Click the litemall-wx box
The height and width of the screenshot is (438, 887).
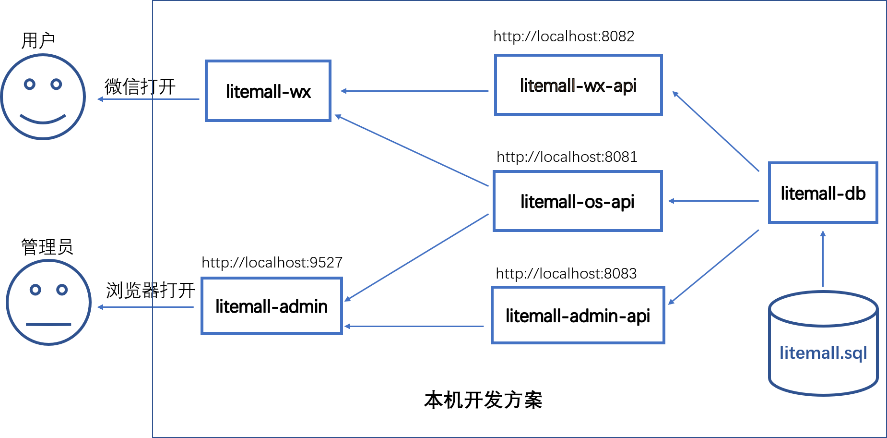click(268, 91)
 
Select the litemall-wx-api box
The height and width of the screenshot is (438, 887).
click(579, 85)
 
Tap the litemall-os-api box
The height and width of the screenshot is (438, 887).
click(578, 201)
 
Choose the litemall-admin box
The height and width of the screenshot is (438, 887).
click(272, 306)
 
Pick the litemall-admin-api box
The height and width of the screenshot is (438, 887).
click(578, 316)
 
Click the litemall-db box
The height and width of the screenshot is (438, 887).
click(823, 193)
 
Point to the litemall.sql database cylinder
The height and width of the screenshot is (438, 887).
click(823, 343)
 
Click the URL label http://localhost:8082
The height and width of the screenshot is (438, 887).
click(564, 36)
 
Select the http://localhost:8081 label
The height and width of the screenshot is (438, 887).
click(567, 157)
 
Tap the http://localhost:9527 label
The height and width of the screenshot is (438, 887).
click(272, 262)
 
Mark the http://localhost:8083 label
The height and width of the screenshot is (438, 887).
click(566, 273)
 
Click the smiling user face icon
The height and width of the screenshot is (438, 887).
click(43, 97)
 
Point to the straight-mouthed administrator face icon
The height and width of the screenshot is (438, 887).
click(48, 303)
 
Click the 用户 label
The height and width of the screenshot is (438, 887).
click(38, 40)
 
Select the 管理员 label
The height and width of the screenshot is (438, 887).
click(47, 247)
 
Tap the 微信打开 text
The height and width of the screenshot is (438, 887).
click(140, 87)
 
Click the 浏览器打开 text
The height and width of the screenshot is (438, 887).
click(151, 290)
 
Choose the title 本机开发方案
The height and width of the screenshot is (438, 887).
click(483, 400)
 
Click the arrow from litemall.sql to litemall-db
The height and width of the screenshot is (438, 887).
click(823, 259)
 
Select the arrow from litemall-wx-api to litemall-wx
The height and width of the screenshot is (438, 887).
click(414, 91)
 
